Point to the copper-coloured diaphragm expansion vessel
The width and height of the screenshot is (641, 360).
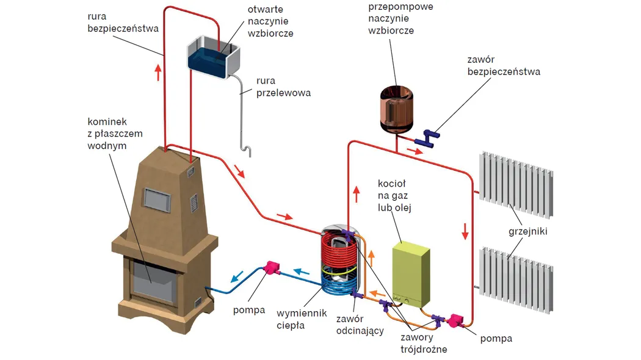(x=397, y=108)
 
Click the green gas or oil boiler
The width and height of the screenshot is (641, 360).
(x=411, y=273)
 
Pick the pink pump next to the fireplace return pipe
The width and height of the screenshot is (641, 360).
(x=270, y=267)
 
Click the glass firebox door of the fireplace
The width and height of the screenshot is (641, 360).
(x=151, y=278)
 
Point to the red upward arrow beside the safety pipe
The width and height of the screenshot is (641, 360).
(x=159, y=72)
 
